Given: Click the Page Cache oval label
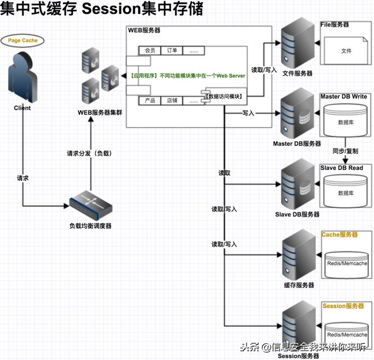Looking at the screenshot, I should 22,41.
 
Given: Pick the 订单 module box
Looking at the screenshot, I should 172,51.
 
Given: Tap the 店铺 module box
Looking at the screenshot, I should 172,100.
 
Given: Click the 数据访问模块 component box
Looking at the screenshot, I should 225,96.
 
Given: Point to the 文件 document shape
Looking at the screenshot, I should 346,51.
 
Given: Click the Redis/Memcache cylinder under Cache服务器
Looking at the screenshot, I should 346,263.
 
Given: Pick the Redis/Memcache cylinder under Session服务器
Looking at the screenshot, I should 346,334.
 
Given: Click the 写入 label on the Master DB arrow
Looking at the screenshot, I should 249,113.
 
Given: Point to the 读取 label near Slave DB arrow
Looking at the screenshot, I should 225,173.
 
